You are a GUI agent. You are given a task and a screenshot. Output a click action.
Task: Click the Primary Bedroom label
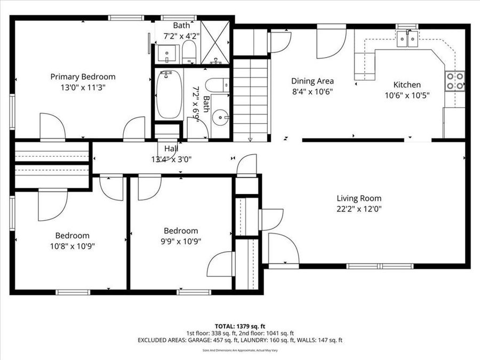tap(83, 77)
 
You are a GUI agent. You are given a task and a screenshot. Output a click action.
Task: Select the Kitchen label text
tap(407, 85)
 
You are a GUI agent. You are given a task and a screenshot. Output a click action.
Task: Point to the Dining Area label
tap(313, 81)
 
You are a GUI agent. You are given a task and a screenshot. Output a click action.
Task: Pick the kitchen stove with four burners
tap(455, 81)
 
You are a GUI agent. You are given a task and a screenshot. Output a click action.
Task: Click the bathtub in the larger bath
tap(169, 95)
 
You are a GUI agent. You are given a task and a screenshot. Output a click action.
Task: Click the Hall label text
tap(171, 149)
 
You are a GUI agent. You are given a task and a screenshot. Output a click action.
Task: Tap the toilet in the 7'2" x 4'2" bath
tap(189, 52)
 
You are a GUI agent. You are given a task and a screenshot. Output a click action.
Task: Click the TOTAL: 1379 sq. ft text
tap(239, 325)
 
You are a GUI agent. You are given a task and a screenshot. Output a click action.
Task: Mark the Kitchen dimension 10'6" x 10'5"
tap(407, 95)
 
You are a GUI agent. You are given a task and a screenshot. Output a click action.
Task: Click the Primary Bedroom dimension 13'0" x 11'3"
tap(83, 87)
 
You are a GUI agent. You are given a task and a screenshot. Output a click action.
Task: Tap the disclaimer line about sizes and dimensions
tap(239, 350)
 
